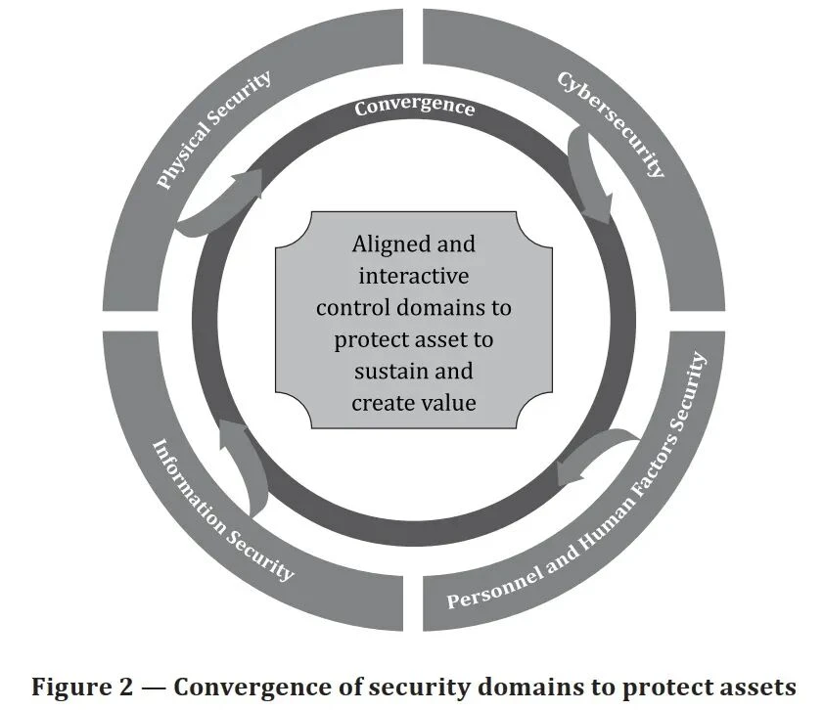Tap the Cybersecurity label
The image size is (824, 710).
click(611, 124)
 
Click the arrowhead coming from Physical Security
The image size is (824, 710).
click(247, 183)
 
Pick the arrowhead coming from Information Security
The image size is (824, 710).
click(230, 434)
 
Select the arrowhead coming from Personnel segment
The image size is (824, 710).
click(571, 470)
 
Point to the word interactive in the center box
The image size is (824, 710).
click(414, 276)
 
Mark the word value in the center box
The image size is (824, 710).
click(449, 403)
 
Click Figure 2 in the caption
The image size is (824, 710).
click(82, 688)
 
